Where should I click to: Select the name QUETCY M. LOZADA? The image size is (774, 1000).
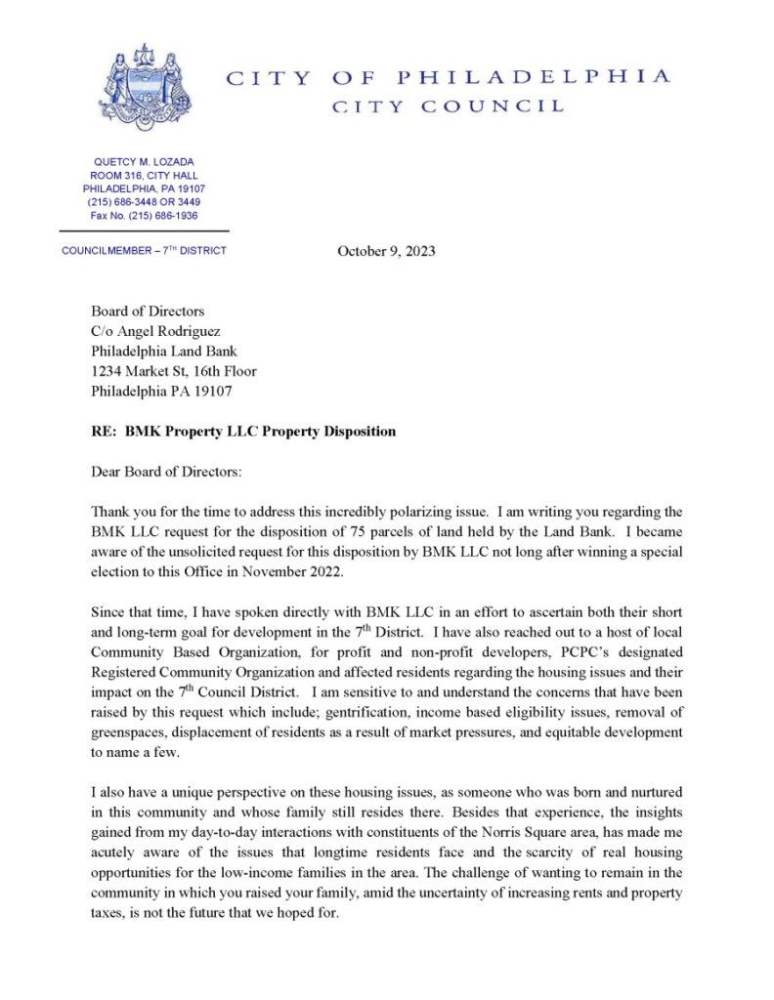144,161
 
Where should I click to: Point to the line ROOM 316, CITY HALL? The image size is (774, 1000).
144,175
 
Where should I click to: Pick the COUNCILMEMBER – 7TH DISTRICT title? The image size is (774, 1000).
144,251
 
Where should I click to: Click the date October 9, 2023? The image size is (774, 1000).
386,252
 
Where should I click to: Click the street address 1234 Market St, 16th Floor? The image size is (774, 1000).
174,371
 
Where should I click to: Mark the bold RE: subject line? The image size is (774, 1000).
243,432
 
